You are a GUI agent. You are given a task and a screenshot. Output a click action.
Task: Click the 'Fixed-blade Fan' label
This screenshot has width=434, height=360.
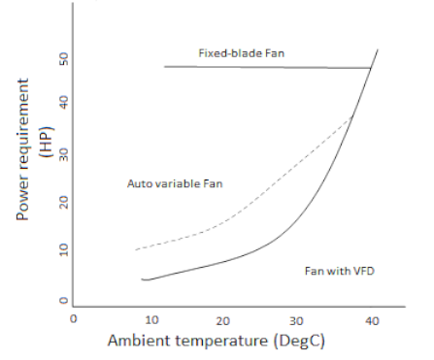242,51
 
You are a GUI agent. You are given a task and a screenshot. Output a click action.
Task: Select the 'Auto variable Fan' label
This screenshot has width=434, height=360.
176,183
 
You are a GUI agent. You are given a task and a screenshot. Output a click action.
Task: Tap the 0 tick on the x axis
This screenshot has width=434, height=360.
74,318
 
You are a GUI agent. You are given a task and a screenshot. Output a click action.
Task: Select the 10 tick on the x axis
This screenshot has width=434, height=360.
150,318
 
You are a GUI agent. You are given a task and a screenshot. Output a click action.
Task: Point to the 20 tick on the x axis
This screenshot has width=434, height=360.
223,318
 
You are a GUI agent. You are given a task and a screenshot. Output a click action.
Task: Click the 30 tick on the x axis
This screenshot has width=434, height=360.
298,318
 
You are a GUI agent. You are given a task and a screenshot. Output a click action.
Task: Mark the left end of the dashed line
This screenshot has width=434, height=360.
135,249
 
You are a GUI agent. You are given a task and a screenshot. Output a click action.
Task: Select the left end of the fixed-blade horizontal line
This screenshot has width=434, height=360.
164,66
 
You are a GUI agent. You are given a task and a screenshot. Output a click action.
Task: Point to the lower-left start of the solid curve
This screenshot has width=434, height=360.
142,279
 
